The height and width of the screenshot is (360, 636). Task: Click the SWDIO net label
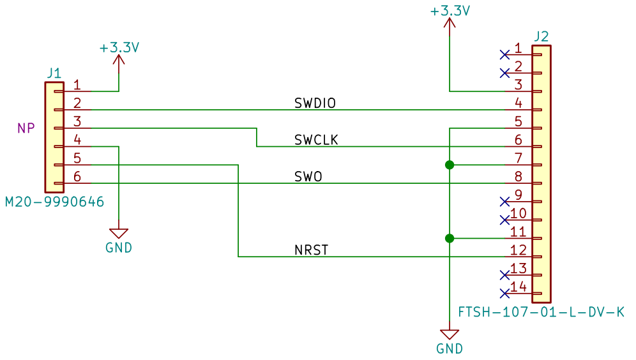[x=315, y=103]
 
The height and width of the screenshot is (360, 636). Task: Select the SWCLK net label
[x=316, y=140]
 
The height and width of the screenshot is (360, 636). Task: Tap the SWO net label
[x=308, y=176]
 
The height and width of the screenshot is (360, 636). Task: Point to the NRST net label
[x=312, y=250]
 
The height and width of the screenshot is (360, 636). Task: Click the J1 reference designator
[x=54, y=73]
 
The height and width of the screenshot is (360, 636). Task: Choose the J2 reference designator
[x=541, y=36]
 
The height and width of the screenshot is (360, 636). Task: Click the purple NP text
[x=26, y=128]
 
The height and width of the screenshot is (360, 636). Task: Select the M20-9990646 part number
[x=54, y=202]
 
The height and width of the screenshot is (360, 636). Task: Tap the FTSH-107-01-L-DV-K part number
[x=541, y=312]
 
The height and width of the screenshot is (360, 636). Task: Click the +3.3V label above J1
[x=119, y=48]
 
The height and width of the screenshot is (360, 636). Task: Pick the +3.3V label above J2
[x=450, y=11]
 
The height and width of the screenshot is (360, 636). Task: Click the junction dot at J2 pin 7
[x=450, y=165]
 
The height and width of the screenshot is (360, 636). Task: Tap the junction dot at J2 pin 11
[x=450, y=239]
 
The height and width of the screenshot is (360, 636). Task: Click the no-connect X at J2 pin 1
[x=504, y=55]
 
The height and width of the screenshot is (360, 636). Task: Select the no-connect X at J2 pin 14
[x=504, y=294]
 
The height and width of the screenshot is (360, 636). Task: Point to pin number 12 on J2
[x=519, y=250]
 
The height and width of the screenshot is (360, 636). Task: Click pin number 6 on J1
[x=77, y=176]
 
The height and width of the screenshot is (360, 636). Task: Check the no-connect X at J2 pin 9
[x=504, y=202]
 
